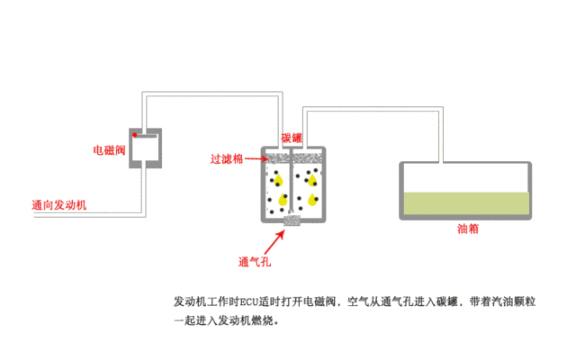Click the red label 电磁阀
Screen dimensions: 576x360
point(109,150)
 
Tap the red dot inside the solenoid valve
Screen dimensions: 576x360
point(135,135)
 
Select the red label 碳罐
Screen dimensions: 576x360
point(292,138)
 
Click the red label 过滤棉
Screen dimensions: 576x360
point(226,159)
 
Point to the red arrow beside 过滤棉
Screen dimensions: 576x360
point(256,158)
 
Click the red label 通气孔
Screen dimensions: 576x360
point(254,262)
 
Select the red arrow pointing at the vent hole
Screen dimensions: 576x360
point(274,242)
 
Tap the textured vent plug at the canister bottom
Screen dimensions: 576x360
point(292,220)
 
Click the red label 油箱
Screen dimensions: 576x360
point(468,229)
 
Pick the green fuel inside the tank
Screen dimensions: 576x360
point(466,203)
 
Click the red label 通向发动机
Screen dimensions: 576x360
point(59,205)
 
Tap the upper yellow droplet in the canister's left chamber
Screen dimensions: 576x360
point(278,180)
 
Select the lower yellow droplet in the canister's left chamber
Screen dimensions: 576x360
point(283,200)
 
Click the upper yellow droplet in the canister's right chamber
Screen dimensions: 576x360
point(312,180)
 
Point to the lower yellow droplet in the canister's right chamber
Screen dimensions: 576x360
point(312,200)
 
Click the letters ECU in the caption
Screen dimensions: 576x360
point(249,302)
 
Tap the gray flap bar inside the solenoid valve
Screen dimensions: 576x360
point(146,136)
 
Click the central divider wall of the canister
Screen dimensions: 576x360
point(291,180)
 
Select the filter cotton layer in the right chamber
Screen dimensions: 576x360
point(308,158)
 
